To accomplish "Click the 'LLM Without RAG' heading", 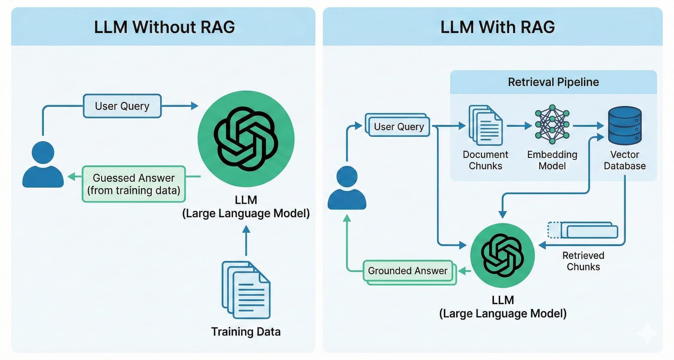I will (x=164, y=27).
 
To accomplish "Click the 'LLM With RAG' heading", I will (x=497, y=27).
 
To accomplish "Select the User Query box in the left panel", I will (x=122, y=106).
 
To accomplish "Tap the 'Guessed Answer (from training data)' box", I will (x=134, y=184).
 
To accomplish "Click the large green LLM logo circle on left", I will (x=246, y=139).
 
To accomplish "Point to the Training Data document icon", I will (x=246, y=290).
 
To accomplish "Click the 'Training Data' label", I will (x=246, y=332).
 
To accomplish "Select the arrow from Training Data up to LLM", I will (x=246, y=241).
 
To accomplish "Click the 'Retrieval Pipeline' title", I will (x=553, y=82).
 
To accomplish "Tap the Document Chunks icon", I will (x=485, y=125).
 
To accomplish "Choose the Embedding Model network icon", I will (x=552, y=123).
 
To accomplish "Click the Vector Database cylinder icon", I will (x=624, y=125).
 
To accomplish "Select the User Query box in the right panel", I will (x=398, y=126).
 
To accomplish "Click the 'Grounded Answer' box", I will (x=408, y=271).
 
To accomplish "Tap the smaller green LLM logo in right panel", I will (x=502, y=255).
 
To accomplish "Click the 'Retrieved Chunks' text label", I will (x=583, y=261).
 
